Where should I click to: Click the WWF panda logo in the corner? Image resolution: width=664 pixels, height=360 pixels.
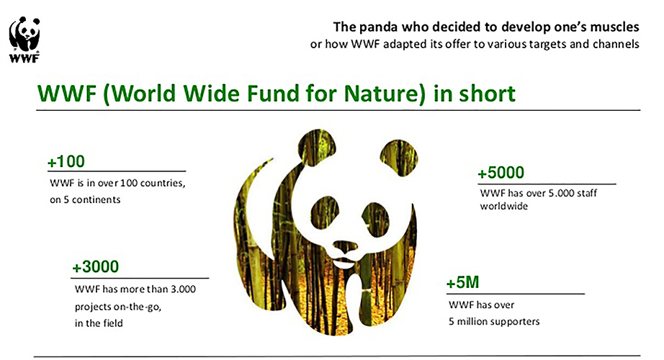(24, 40)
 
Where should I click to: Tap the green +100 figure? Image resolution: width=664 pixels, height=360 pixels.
(66, 161)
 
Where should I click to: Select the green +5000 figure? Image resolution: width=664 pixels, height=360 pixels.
(501, 173)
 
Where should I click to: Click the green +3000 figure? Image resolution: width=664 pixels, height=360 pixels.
(96, 267)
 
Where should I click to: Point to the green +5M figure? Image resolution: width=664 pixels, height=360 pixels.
(463, 282)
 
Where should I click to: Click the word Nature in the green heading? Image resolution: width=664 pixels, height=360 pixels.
(384, 94)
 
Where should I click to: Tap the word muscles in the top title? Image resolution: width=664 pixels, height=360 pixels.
(614, 27)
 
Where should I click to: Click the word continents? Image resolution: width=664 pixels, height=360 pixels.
(96, 199)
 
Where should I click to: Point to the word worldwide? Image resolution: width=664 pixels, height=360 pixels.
(504, 206)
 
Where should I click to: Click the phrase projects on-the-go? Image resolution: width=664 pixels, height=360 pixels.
(118, 307)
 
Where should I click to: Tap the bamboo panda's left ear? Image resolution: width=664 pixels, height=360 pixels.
(316, 145)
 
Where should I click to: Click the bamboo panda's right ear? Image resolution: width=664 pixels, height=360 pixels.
(398, 156)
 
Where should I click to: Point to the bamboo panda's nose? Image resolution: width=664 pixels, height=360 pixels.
(345, 247)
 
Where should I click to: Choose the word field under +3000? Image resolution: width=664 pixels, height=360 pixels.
(112, 323)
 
